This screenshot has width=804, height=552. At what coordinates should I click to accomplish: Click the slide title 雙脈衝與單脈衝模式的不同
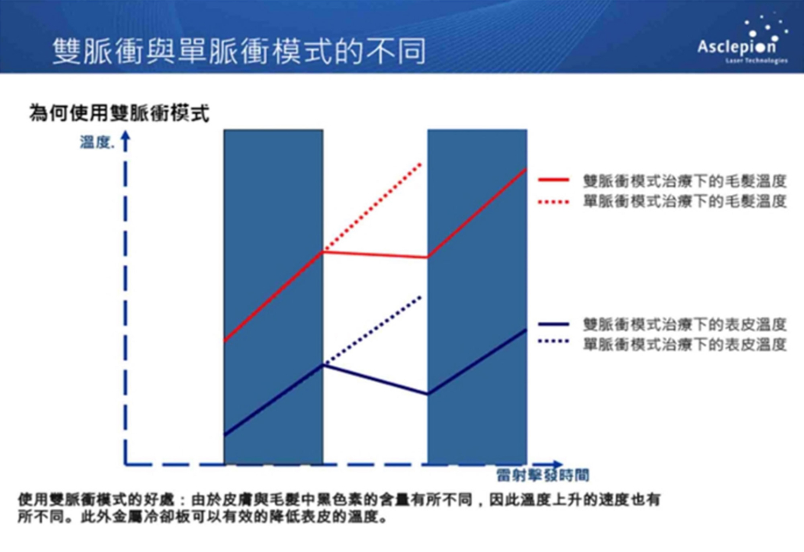(x=239, y=51)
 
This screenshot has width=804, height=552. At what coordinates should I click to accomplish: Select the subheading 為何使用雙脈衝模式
(x=119, y=113)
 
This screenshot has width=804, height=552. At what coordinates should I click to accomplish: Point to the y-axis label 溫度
(x=97, y=142)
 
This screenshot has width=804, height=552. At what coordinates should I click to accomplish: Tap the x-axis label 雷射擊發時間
(x=543, y=475)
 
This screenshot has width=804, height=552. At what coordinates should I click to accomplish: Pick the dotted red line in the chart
(x=372, y=207)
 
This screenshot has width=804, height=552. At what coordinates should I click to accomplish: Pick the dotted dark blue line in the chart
(x=372, y=331)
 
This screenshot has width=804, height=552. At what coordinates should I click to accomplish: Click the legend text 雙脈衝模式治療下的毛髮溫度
(x=685, y=181)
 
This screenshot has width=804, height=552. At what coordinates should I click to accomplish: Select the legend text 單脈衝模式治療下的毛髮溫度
(x=685, y=201)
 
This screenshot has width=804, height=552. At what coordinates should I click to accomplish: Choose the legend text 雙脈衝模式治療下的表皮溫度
(x=685, y=324)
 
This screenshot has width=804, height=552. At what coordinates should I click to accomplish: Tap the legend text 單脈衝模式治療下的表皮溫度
(x=685, y=344)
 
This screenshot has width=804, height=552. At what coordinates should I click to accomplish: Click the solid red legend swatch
(x=553, y=180)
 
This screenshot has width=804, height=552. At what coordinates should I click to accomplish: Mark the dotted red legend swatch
(x=553, y=202)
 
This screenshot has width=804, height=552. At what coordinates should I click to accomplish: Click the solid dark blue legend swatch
(x=553, y=324)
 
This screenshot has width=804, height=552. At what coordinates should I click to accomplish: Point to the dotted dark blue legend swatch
(x=553, y=341)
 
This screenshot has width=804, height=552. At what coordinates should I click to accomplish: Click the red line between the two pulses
(x=375, y=254)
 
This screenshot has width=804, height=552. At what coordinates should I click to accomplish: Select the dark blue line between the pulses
(x=375, y=380)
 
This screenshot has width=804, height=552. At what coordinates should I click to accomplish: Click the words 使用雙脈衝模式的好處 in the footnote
(x=96, y=499)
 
